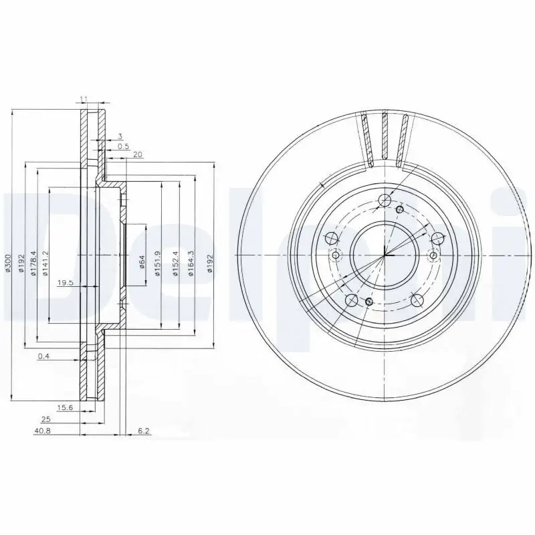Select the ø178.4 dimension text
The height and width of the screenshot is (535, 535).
point(33,262)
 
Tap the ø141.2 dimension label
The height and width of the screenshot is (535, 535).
point(45,262)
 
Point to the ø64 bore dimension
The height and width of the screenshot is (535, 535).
point(142,261)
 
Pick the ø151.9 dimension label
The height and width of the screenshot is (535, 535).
point(157,261)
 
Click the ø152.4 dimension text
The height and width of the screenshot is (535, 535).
point(175,261)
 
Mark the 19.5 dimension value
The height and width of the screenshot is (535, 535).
point(65,283)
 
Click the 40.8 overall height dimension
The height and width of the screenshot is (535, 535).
point(42,431)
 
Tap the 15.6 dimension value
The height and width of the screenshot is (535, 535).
point(65,407)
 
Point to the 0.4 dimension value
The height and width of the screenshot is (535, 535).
point(44,356)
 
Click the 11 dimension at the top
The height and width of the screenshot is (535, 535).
point(84,100)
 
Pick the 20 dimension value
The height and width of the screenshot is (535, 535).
point(138,154)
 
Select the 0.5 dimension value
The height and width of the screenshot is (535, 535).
point(123,146)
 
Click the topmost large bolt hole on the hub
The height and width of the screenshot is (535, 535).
point(383,200)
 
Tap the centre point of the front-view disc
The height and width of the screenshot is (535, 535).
point(384,255)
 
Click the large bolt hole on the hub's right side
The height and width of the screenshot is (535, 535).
point(437,239)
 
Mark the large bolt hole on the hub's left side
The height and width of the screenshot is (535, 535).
point(330,239)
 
